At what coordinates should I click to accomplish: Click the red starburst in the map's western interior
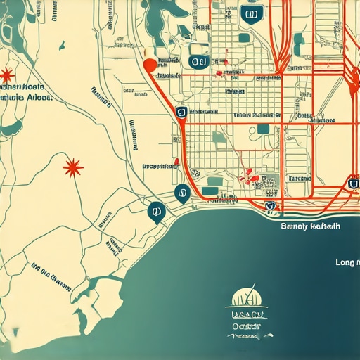pos(72,167)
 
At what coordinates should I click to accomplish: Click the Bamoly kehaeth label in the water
pos(309,226)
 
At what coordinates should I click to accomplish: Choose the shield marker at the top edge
pos(248,13)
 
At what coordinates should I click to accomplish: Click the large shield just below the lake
pos(199,62)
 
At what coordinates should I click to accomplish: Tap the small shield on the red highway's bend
pos(181,112)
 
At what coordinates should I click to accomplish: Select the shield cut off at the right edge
pos(353,184)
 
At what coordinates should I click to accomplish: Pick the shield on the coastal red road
pos(269,205)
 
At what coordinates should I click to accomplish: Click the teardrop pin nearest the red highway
pos(182,192)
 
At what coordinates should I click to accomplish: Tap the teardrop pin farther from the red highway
pos(155,210)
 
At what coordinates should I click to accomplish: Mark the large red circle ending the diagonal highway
pos(148,65)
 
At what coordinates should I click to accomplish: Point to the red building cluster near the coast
pos(249,175)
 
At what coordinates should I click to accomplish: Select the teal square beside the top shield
pos(244,37)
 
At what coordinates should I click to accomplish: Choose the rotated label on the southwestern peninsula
pos(51,276)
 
